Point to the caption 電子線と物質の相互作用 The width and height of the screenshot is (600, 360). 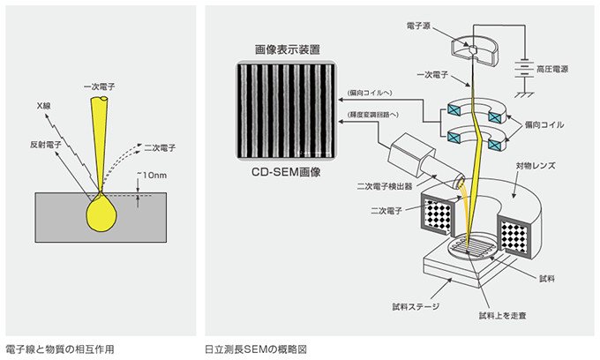(x=59, y=349)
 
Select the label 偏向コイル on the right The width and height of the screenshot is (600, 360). (x=553, y=125)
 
